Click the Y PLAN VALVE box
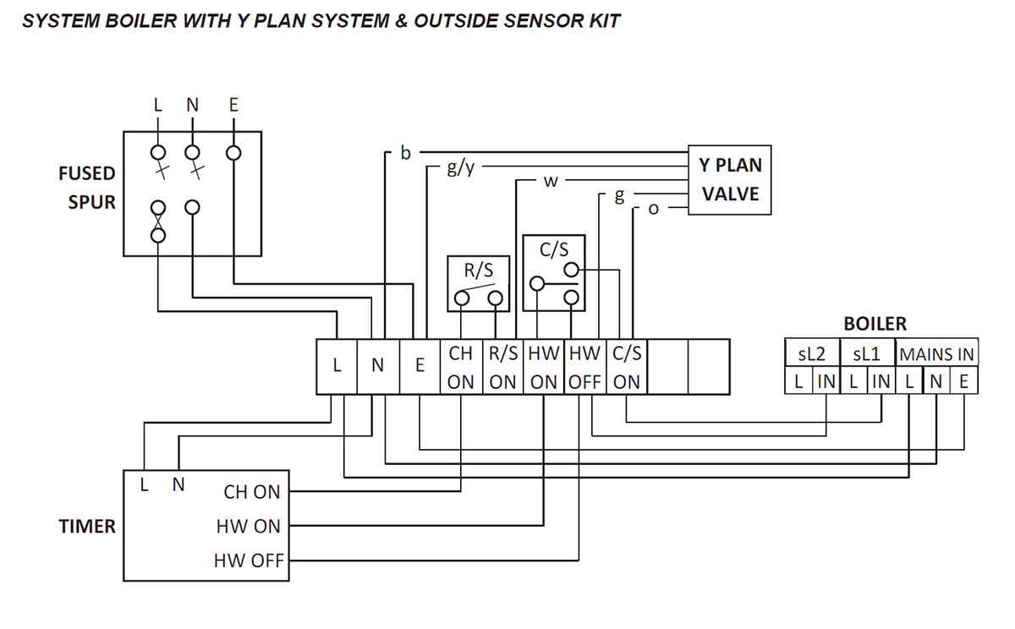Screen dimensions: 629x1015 (x=729, y=179)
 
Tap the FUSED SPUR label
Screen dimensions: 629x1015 (x=86, y=188)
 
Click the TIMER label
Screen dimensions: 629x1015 (x=87, y=526)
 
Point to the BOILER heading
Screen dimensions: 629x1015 (x=875, y=324)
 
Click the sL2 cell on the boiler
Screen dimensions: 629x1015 (x=812, y=354)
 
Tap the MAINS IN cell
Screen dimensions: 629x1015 (x=937, y=354)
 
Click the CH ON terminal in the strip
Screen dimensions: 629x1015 (x=461, y=367)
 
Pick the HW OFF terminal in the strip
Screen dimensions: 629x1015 (x=584, y=367)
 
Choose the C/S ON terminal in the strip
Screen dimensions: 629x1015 (x=626, y=367)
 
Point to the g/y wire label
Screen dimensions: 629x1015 (x=461, y=167)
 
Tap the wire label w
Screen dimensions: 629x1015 (x=550, y=182)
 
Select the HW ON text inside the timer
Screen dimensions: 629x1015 (x=248, y=526)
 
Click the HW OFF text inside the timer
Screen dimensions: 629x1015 (x=249, y=561)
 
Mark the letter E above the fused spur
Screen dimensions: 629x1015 (x=233, y=105)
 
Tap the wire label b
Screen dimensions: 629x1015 (x=405, y=153)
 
